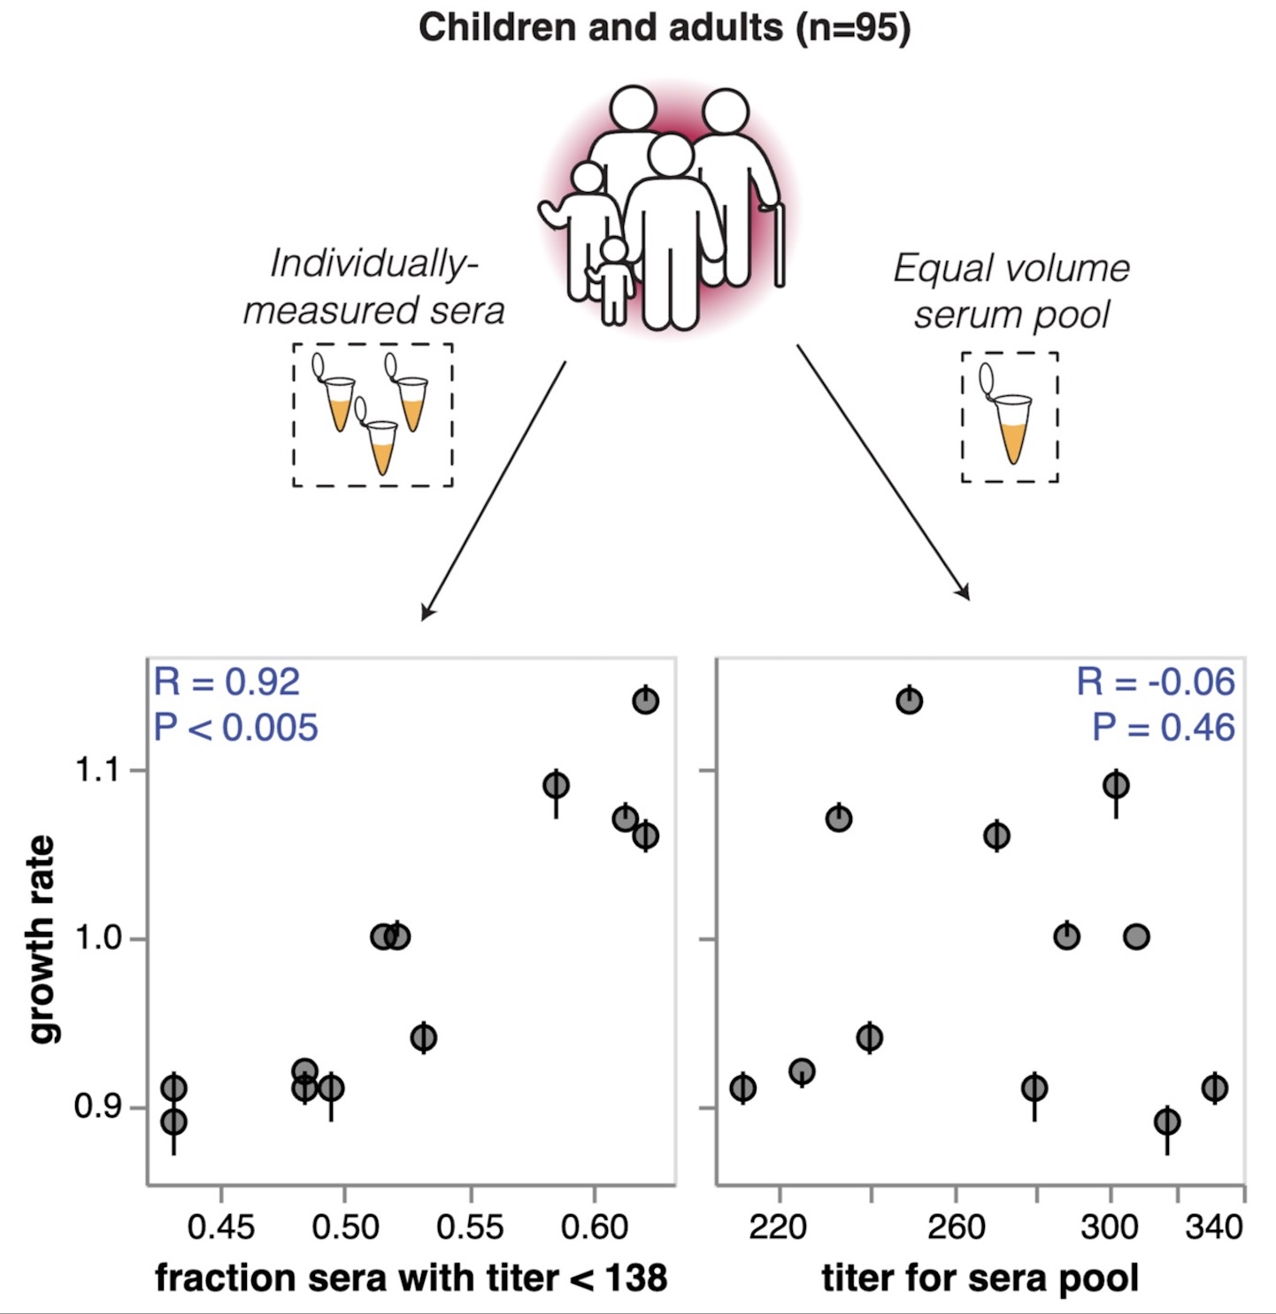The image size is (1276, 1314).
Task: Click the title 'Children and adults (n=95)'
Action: click(x=664, y=27)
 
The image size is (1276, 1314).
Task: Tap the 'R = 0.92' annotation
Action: click(x=227, y=682)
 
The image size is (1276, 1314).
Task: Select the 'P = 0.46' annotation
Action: click(x=1163, y=727)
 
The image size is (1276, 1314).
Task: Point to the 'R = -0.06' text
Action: click(x=1155, y=682)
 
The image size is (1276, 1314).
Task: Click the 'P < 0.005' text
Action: click(x=235, y=727)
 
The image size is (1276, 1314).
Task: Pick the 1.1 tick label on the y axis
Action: click(x=97, y=770)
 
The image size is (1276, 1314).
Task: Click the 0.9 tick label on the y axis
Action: click(x=97, y=1106)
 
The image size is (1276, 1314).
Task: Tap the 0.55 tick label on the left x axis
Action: click(x=470, y=1227)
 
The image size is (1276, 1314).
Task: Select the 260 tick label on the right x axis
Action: click(x=956, y=1227)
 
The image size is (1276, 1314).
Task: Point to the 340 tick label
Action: click(x=1214, y=1227)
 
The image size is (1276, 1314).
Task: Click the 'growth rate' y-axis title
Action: click(x=42, y=939)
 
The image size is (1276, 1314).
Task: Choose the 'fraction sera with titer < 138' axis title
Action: click(x=411, y=1278)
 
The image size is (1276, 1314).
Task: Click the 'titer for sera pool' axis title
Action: click(x=980, y=1278)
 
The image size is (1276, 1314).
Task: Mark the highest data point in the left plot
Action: click(x=646, y=700)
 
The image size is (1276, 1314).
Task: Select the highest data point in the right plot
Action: click(x=909, y=700)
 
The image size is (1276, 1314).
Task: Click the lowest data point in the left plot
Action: click(x=174, y=1122)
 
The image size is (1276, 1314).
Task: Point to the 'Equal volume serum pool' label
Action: click(x=1011, y=291)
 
